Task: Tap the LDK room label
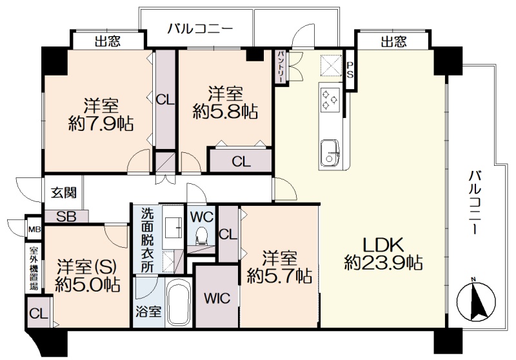click(x=383, y=245)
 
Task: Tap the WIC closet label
click(x=217, y=298)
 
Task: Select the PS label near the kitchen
click(x=350, y=70)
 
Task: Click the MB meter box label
click(x=34, y=229)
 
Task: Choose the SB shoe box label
click(x=66, y=217)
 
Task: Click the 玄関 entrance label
click(x=63, y=192)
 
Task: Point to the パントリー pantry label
click(x=280, y=67)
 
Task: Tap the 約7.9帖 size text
click(x=101, y=124)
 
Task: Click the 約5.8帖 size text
click(x=225, y=112)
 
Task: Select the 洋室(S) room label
click(x=86, y=267)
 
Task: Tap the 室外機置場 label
click(x=34, y=268)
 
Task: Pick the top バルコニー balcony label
click(x=200, y=28)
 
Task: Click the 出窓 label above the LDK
click(x=393, y=41)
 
